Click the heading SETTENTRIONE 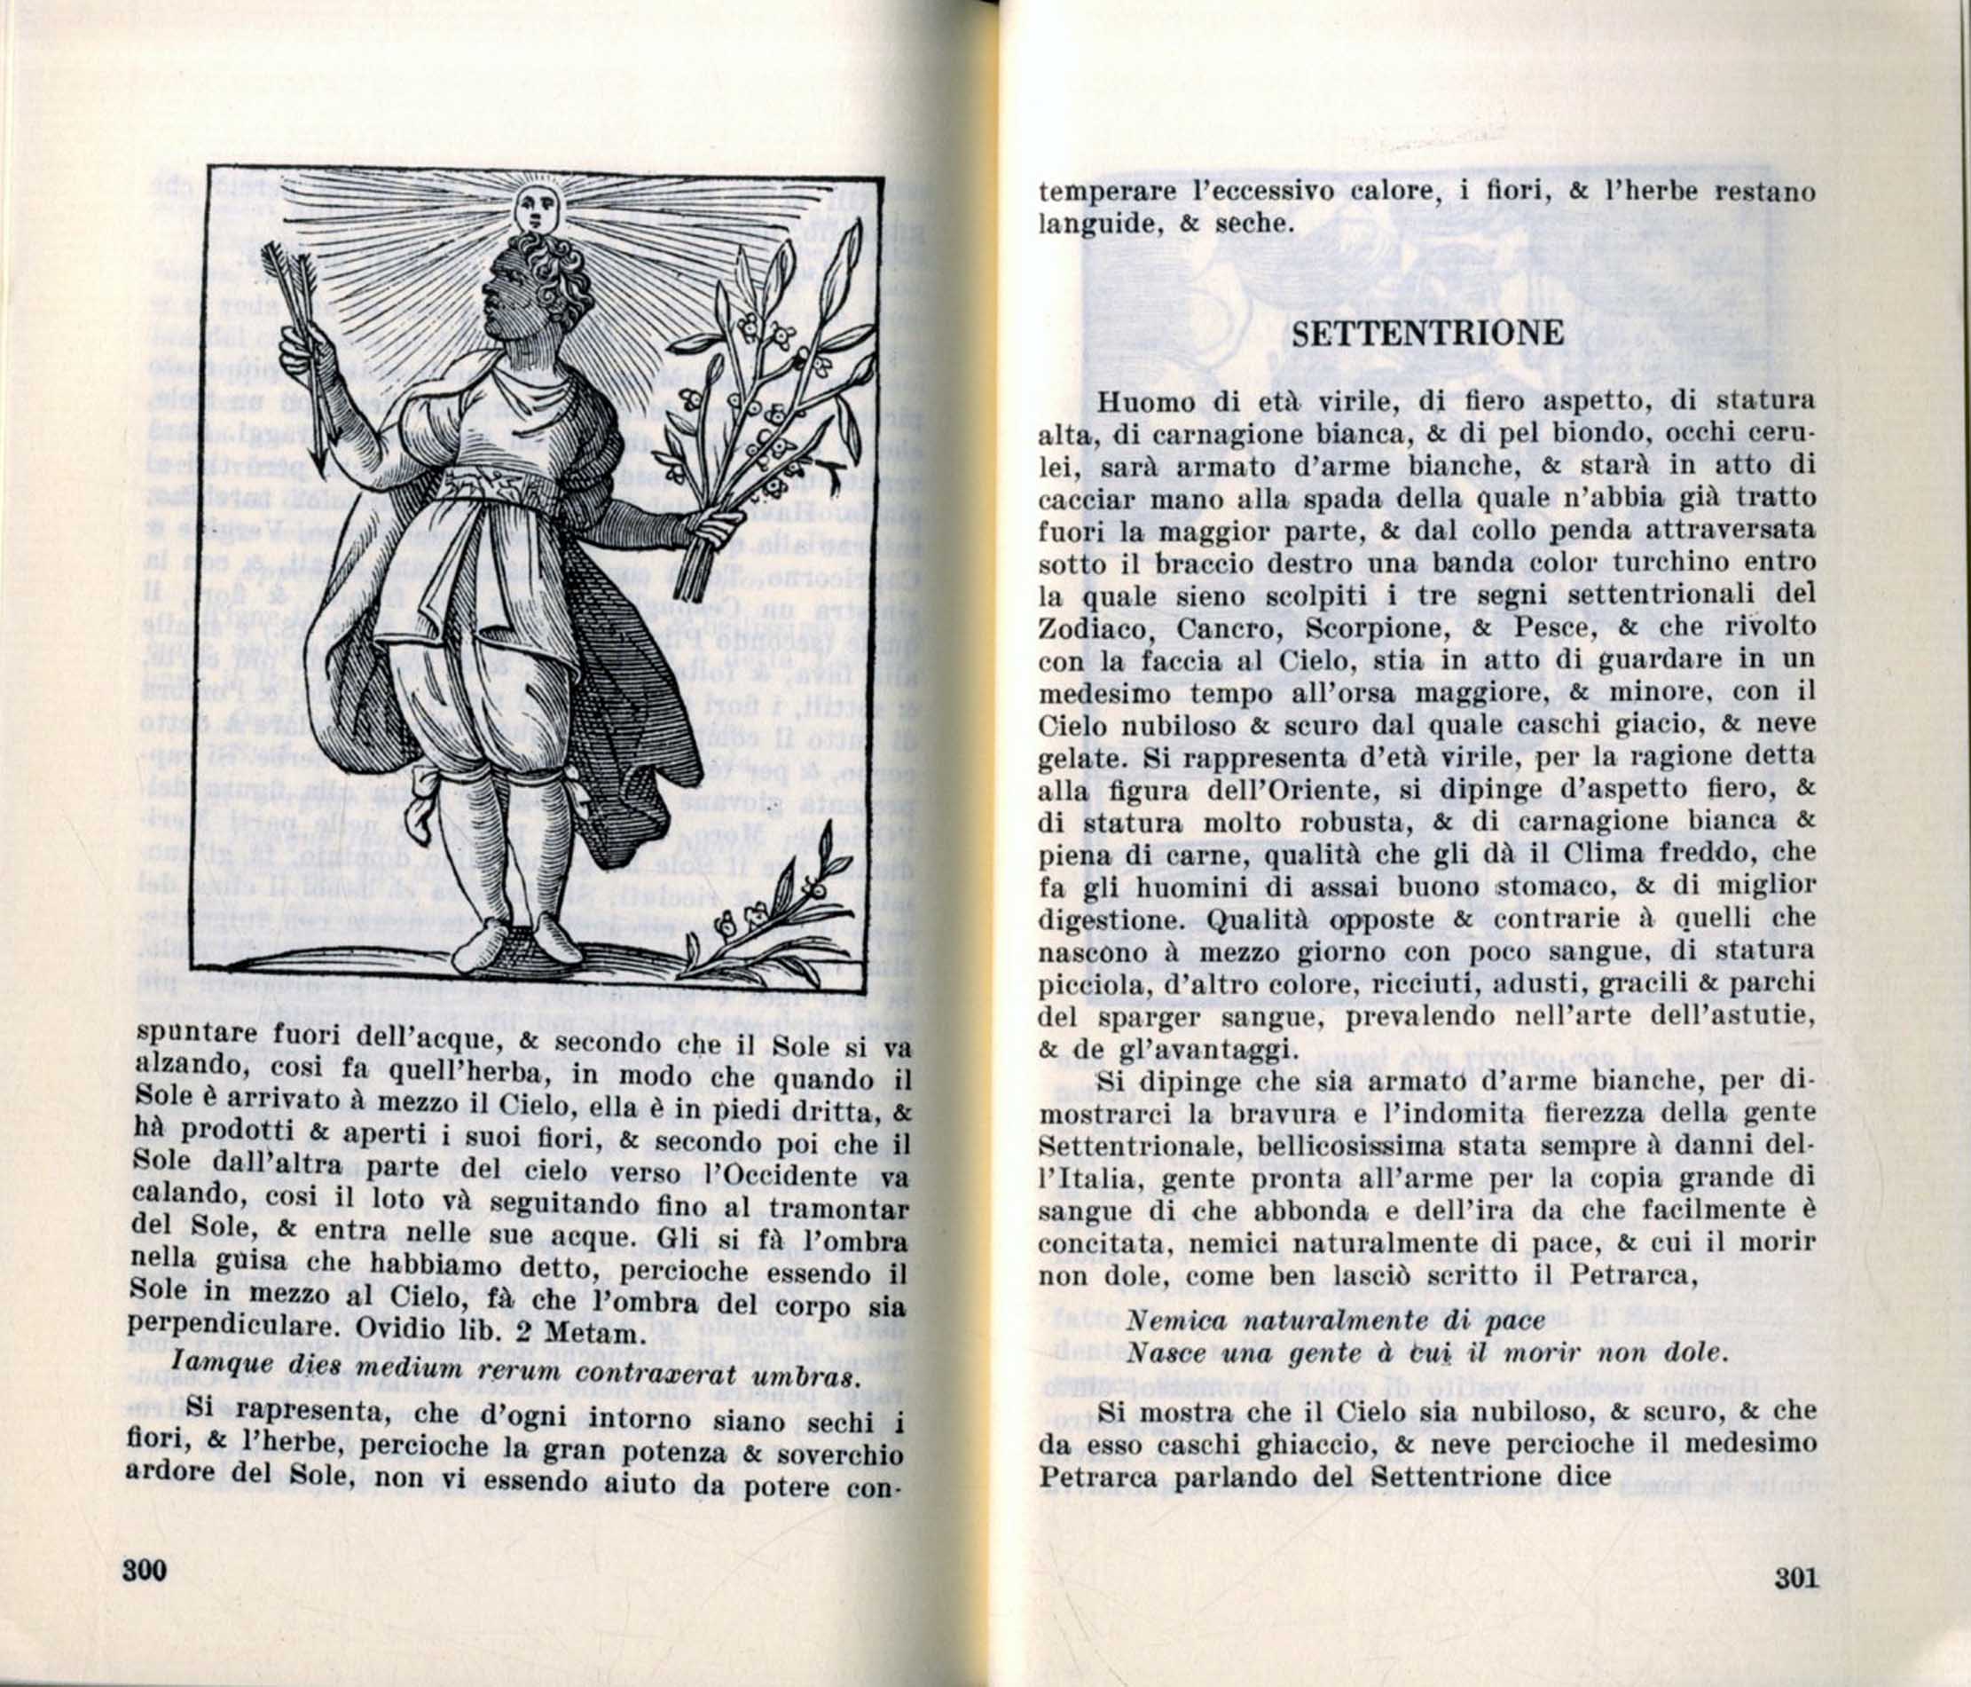[1429, 333]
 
